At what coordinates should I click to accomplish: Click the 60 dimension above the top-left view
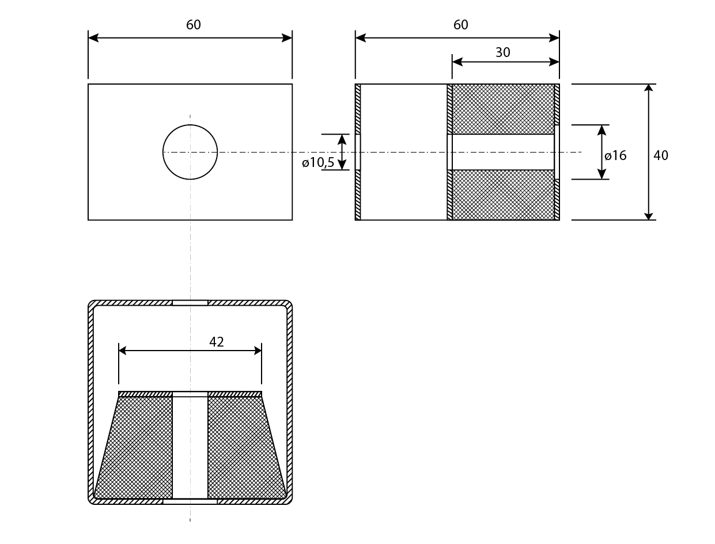(193, 25)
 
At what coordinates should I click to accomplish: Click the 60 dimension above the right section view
(460, 25)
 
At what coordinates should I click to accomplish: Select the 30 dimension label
(502, 52)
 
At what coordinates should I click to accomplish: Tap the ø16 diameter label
(615, 155)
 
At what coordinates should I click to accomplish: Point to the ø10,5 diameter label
(318, 162)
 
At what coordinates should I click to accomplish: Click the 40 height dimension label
(661, 155)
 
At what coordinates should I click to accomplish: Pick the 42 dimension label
(216, 341)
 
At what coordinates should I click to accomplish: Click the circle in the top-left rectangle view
(190, 124)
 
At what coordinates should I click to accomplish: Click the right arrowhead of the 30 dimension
(554, 62)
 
